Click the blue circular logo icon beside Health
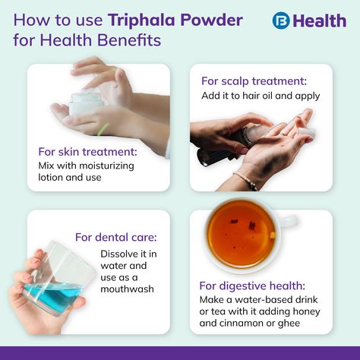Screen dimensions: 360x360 281,21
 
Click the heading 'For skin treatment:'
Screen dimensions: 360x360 87,152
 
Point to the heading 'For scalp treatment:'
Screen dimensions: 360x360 254,81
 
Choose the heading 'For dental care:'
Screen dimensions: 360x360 116,238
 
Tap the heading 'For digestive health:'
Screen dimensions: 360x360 252,286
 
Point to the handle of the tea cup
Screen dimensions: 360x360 290,221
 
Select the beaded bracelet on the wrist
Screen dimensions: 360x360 245,180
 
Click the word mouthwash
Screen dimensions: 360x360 127,289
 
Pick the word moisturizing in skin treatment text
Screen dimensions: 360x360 106,166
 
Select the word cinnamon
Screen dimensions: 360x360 242,324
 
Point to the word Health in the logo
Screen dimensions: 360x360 320,21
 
